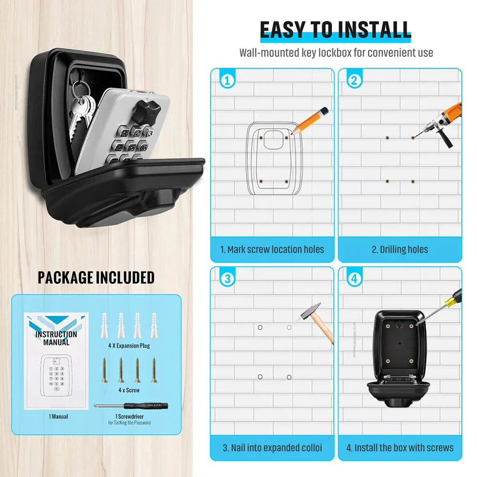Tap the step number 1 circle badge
(x=227, y=81)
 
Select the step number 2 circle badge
(x=354, y=81)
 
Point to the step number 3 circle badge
(x=227, y=279)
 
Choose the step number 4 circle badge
(x=354, y=279)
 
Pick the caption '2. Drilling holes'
(x=400, y=249)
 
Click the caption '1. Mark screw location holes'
(x=272, y=249)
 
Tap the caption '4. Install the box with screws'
(x=400, y=448)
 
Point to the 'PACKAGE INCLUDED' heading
(x=96, y=277)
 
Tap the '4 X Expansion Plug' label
(x=128, y=345)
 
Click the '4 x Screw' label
(x=128, y=390)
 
